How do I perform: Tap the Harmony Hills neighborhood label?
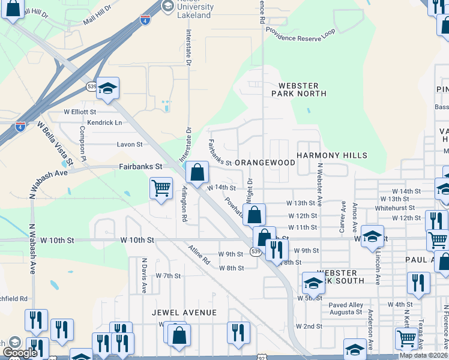coord(332,155)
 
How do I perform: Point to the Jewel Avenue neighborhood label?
coord(184,313)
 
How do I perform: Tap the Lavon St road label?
coord(130,145)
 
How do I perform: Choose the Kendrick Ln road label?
coord(104,122)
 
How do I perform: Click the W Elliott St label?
coord(80,112)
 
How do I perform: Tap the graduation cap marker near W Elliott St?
coord(107,89)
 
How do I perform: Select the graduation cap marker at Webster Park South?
coord(313,283)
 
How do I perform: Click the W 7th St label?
coord(168,276)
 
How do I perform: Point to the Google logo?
coord(20,353)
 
